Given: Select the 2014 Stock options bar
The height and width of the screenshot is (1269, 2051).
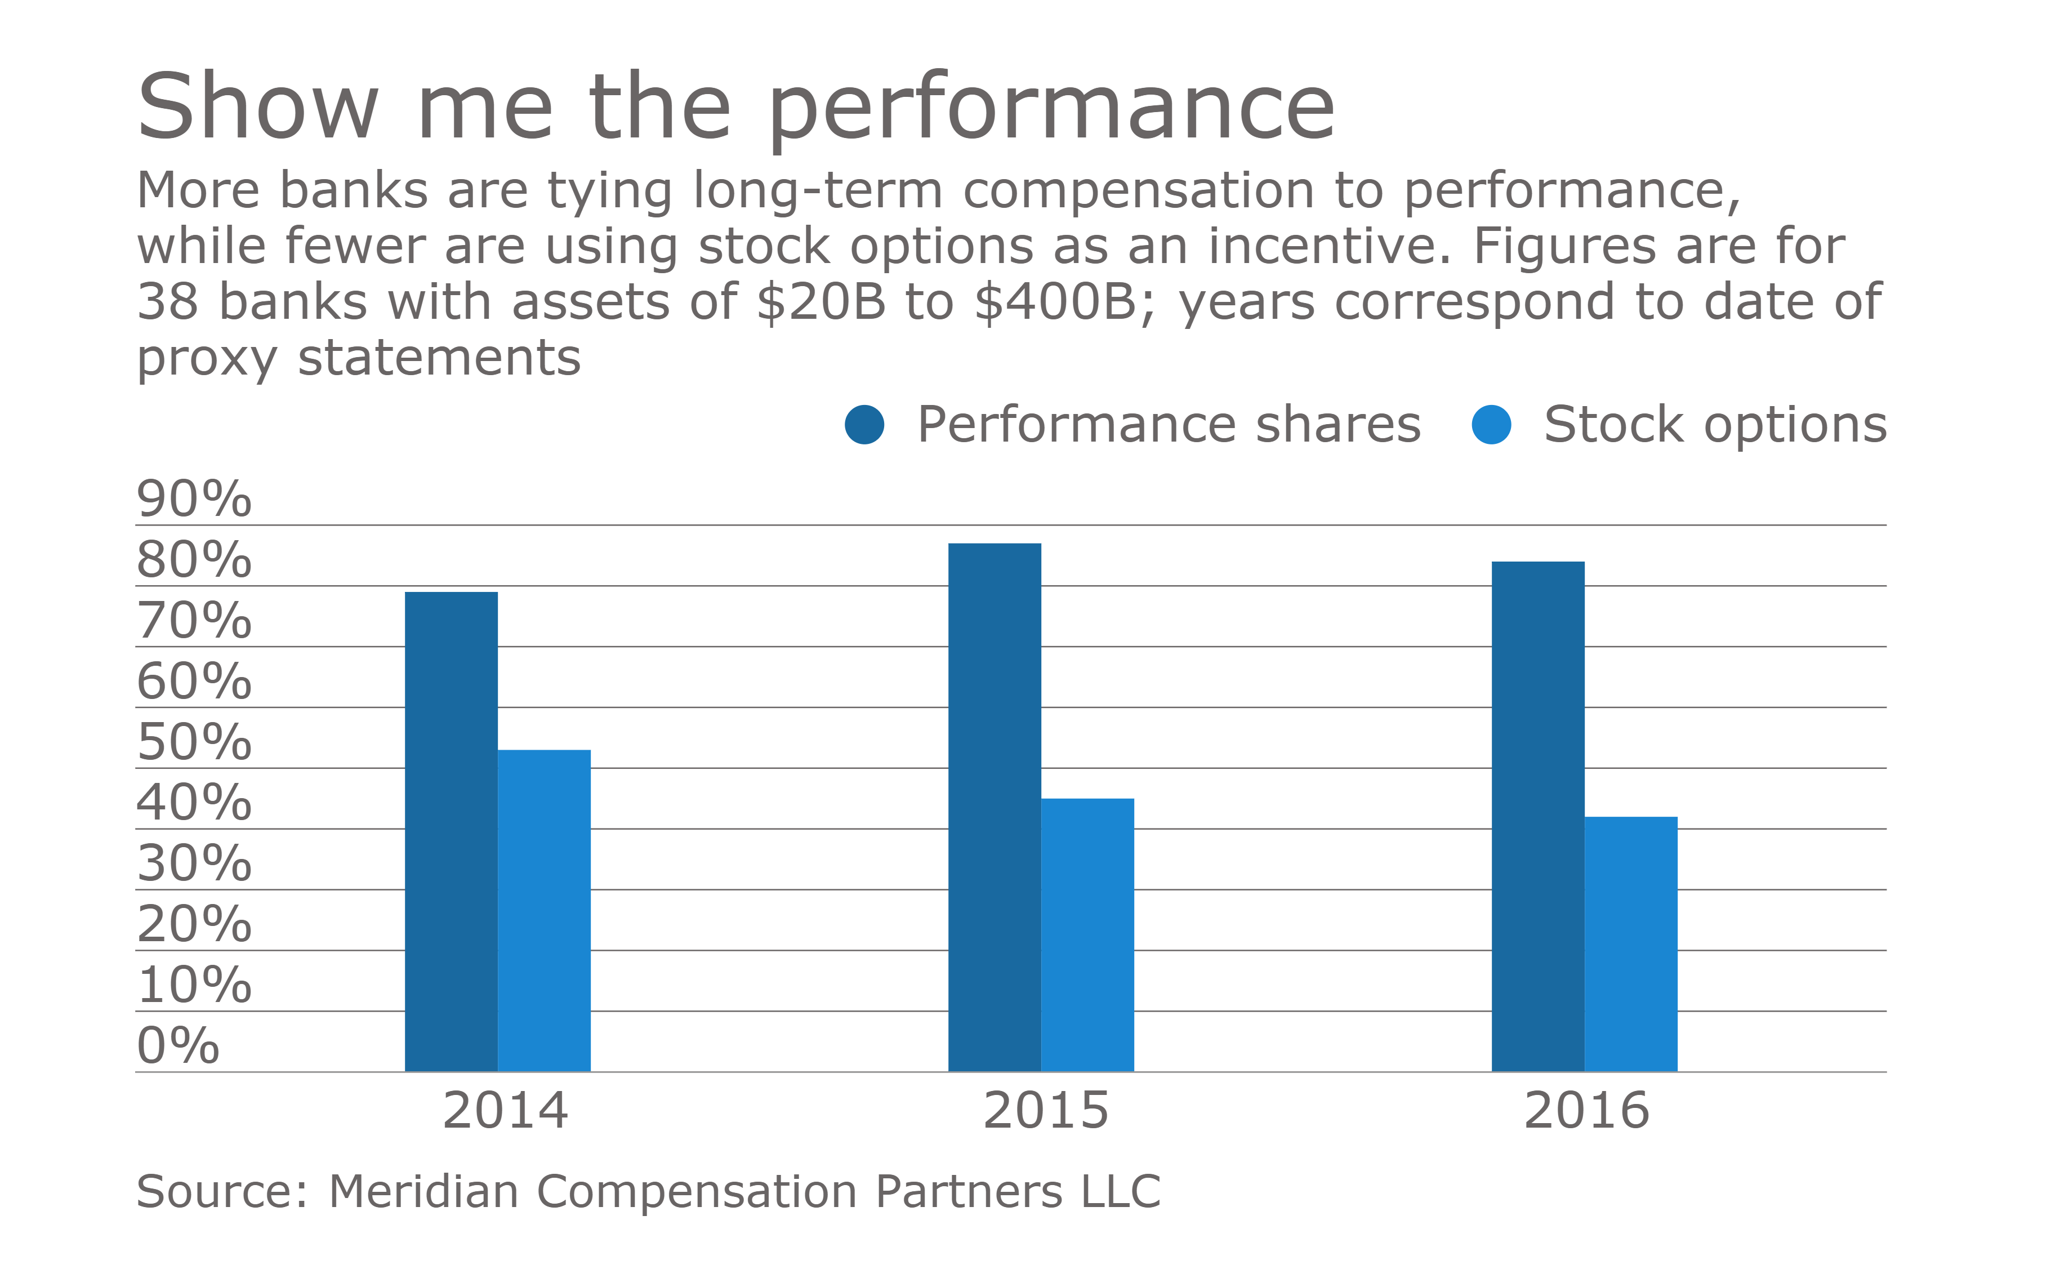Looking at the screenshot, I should pos(544,911).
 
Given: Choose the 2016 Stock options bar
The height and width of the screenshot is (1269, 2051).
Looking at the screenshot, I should pos(1630,943).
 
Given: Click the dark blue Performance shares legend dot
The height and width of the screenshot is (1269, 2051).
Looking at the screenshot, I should pos(864,425).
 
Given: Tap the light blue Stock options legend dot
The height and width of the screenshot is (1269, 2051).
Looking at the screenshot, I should pos(1491,425).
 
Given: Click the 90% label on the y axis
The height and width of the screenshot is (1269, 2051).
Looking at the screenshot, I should pos(194,500).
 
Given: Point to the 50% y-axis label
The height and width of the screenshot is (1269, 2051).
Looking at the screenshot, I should pos(194,743).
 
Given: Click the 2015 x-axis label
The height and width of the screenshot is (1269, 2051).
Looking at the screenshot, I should pos(1046,1111).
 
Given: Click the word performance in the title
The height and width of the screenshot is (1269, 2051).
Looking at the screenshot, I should pos(1051,109).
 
